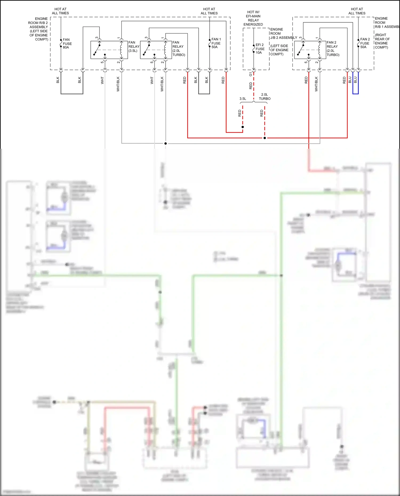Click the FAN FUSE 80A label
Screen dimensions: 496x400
coord(67,43)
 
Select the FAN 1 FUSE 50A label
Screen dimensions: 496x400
coord(216,43)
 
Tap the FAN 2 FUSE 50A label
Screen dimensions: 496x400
coord(365,43)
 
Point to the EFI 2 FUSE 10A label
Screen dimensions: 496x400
coord(260,49)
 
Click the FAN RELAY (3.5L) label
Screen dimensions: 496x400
coord(134,46)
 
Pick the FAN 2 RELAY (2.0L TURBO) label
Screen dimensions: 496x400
coord(333,49)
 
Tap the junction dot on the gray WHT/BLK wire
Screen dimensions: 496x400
coord(166,143)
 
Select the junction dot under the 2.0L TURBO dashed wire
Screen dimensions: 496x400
coord(265,138)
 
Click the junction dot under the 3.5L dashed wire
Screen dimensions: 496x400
coord(243,127)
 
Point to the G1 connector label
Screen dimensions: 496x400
coord(250,74)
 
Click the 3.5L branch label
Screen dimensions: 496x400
coord(243,99)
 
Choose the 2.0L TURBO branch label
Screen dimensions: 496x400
coord(265,96)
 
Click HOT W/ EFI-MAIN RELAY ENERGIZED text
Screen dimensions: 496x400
coord(253,18)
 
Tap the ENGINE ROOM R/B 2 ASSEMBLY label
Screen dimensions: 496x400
coord(38,29)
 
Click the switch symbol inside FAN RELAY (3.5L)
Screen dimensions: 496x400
coord(97,50)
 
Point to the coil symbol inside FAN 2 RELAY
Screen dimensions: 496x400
coord(319,50)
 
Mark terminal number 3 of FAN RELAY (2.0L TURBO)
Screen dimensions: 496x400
coord(146,38)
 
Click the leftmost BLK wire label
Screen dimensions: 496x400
coord(58,80)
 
